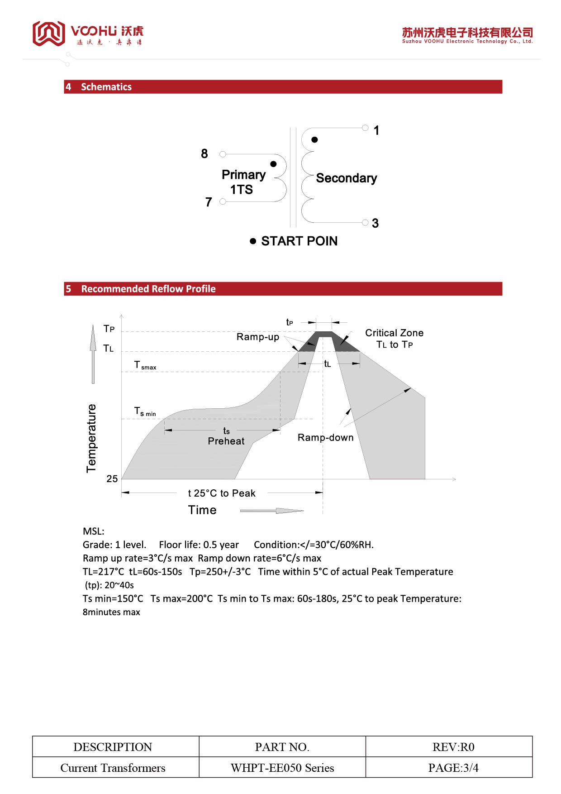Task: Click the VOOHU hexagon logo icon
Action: [x=48, y=33]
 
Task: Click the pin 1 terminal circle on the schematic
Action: [x=365, y=128]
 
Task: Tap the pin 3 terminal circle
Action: [x=365, y=222]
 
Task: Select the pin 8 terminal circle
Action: [x=223, y=154]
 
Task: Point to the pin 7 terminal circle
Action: [x=223, y=202]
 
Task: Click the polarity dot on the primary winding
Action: [x=273, y=164]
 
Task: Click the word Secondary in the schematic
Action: [x=346, y=178]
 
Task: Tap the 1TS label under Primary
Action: [x=241, y=190]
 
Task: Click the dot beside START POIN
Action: [x=253, y=241]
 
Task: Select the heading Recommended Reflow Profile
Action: [x=148, y=289]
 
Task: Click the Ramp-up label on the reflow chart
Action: [x=257, y=337]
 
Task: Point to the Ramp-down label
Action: [x=325, y=438]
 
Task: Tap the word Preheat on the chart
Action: [x=226, y=441]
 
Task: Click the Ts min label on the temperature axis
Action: [x=145, y=411]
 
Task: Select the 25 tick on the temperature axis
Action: [x=112, y=479]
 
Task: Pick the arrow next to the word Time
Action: [x=271, y=511]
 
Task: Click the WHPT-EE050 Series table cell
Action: [x=282, y=768]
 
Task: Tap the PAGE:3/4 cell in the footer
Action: [x=453, y=768]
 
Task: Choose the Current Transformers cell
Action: [x=113, y=768]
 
